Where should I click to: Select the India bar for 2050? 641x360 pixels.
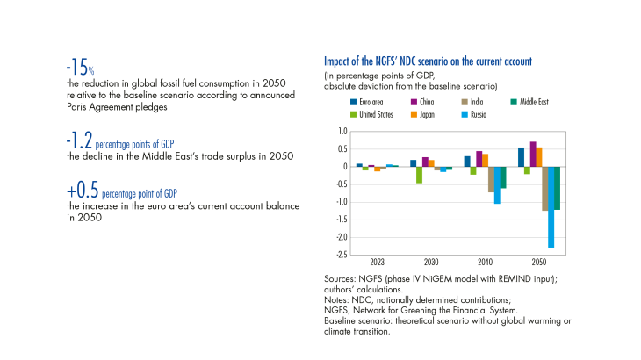tap(544, 188)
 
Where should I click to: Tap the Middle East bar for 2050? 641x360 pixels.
tap(557, 188)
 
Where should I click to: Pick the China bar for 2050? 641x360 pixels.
tap(532, 155)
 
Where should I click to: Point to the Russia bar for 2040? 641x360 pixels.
tap(497, 185)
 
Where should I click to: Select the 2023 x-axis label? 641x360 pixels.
tap(377, 263)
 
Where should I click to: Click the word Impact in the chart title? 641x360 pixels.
tap(339, 61)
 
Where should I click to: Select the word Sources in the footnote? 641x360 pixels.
tap(340, 278)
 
